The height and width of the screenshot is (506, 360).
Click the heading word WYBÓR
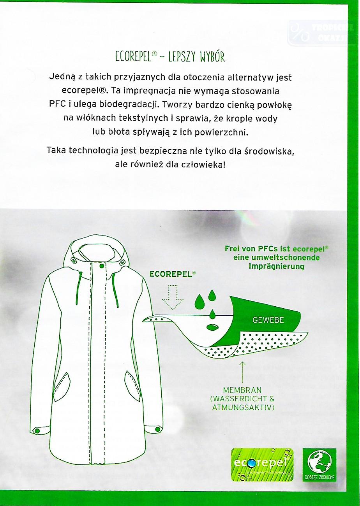tap(212, 57)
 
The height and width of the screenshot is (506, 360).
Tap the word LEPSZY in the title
tap(182, 57)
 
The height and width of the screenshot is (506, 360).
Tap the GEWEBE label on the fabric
tap(268, 320)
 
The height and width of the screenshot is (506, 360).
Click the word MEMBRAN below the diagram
tap(242, 390)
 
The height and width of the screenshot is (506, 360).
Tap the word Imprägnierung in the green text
tap(276, 266)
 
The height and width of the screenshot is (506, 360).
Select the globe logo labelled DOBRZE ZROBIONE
tap(319, 465)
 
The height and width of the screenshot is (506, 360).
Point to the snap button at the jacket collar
tap(102, 266)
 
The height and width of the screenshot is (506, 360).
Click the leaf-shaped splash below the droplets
tap(212, 327)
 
